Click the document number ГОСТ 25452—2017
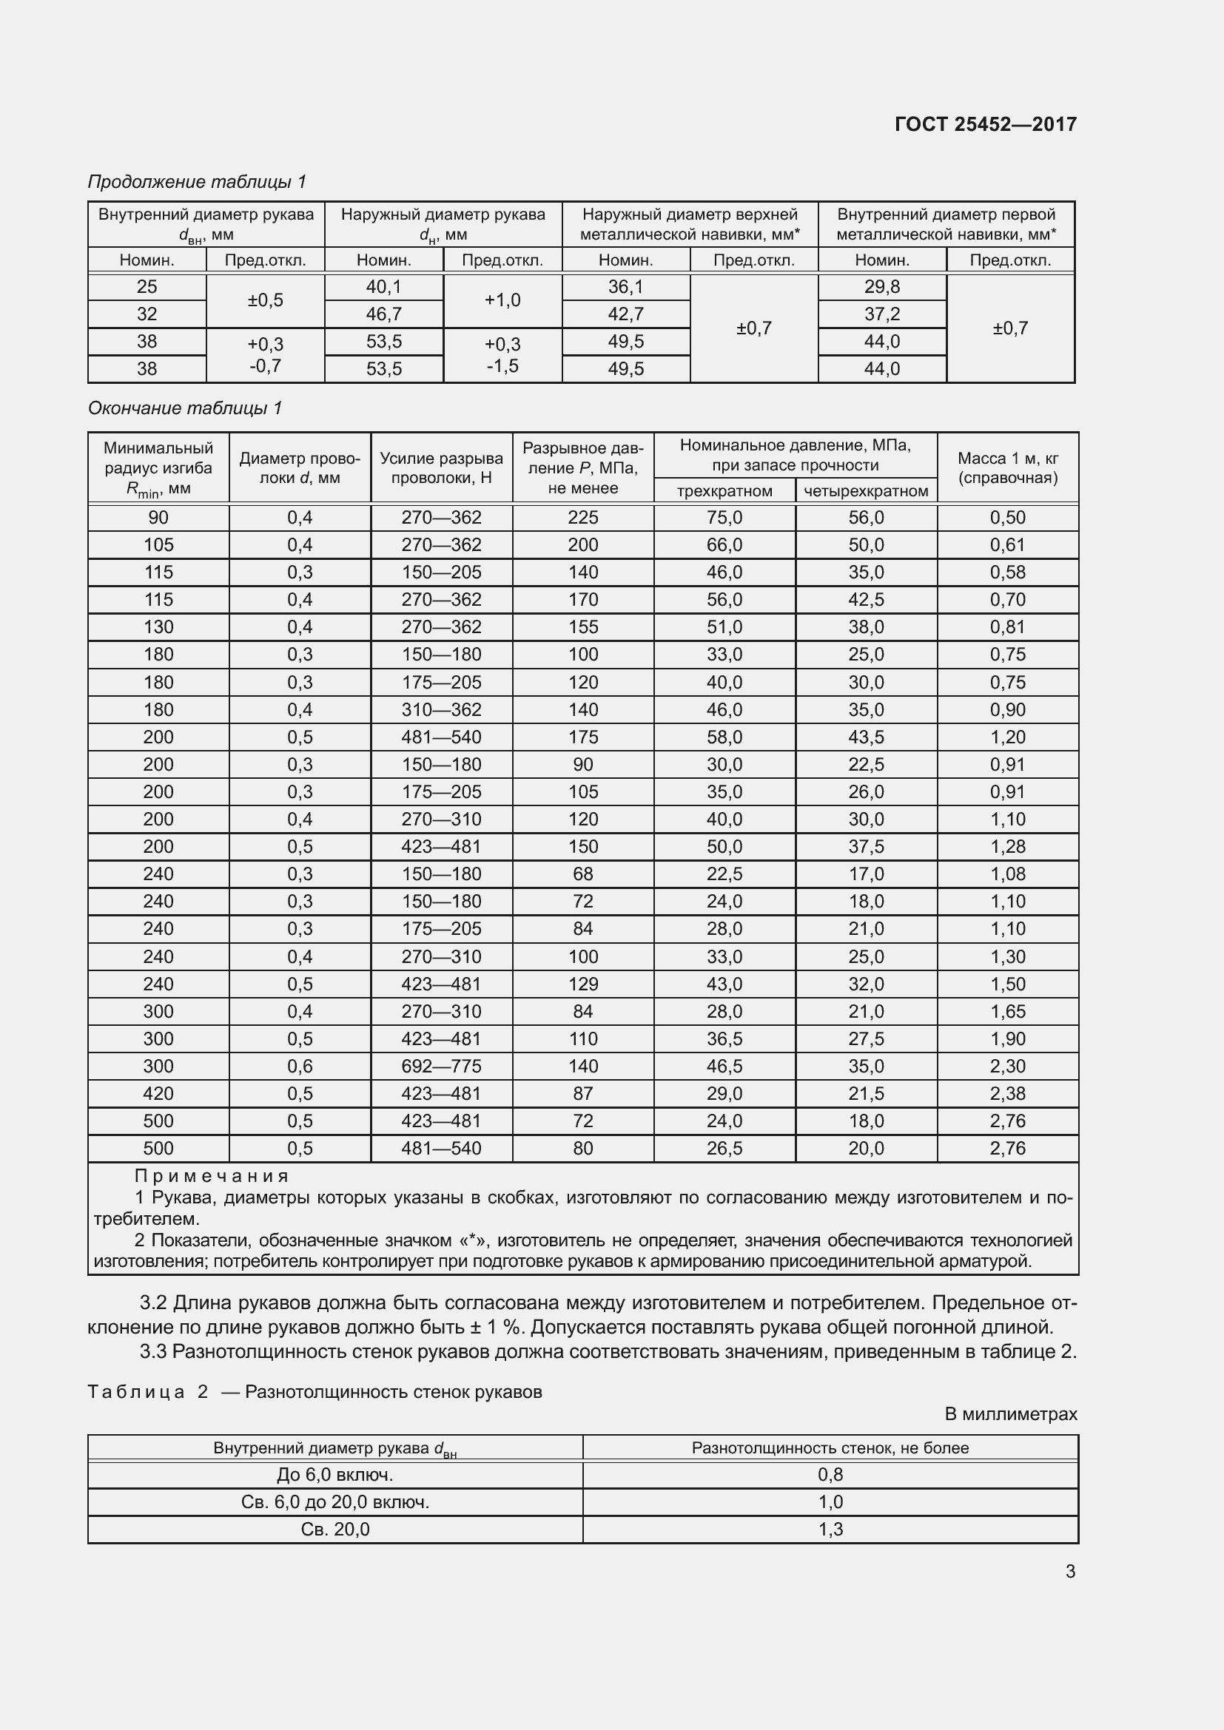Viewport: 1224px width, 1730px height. [x=985, y=124]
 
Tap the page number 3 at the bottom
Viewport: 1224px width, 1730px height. [x=1070, y=1571]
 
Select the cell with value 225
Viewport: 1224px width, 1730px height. [x=582, y=518]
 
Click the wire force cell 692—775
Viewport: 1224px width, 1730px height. [x=441, y=1067]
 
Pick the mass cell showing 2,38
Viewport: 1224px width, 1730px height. [x=1008, y=1093]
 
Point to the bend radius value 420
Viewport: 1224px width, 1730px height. [x=158, y=1093]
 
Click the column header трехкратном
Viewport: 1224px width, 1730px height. [x=724, y=491]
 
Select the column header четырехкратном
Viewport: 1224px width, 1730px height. [x=866, y=491]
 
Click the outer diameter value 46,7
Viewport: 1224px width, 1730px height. [x=383, y=314]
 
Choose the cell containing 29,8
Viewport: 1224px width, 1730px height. [x=882, y=287]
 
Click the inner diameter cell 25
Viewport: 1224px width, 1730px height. [x=147, y=287]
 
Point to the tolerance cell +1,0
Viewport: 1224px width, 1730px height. [x=502, y=300]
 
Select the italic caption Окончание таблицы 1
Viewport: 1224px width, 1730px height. [x=185, y=408]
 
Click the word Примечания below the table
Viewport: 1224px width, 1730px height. [x=212, y=1176]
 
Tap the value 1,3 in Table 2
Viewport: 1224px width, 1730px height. [x=830, y=1530]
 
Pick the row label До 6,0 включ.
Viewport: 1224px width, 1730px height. [x=334, y=1475]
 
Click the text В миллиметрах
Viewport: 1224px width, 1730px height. [x=1011, y=1414]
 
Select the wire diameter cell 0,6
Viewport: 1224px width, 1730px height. [x=300, y=1067]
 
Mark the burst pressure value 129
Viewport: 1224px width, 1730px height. [x=582, y=984]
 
